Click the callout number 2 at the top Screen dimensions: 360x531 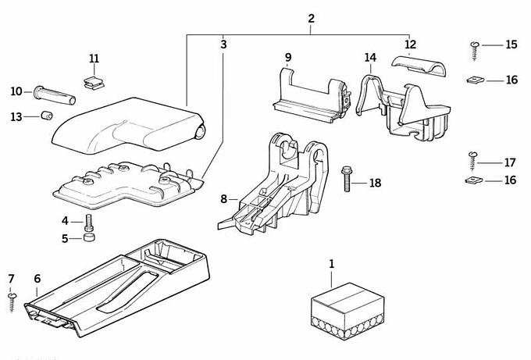(x=312, y=18)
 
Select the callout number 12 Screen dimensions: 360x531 (x=411, y=44)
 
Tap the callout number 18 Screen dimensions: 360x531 (x=376, y=183)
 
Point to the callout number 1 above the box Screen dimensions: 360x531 (x=331, y=264)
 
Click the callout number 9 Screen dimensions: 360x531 (x=287, y=57)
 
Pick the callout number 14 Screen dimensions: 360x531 (x=370, y=57)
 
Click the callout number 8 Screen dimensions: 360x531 (x=224, y=199)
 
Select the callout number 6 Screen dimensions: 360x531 (x=37, y=278)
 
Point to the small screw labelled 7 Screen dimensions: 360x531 (x=12, y=300)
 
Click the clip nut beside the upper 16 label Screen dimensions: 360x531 (x=474, y=79)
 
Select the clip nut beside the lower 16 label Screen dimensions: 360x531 (x=472, y=180)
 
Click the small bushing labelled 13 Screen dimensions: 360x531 (x=46, y=117)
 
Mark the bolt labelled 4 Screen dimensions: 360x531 (x=88, y=221)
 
